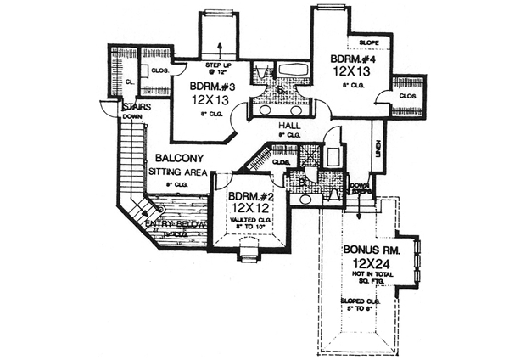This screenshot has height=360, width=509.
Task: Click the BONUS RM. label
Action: [x=373, y=250]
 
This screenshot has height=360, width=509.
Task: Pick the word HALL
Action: [x=289, y=124]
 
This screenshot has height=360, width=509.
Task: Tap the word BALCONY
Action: [x=177, y=158]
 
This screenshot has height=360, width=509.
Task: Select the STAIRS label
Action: [x=136, y=108]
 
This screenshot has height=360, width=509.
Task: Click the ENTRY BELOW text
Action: [x=176, y=223]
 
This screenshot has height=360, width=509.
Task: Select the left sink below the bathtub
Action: [x=266, y=110]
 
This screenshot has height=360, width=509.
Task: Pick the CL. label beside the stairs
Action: [x=129, y=81]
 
